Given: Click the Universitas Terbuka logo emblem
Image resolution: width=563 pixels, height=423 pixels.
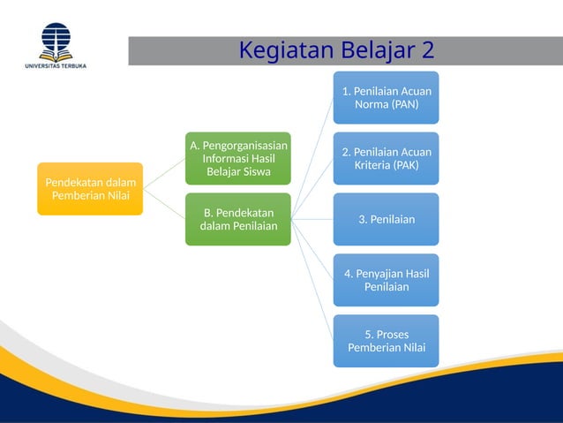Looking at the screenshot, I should pos(55,40).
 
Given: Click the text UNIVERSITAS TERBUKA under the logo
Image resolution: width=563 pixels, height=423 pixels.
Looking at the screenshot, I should pos(55,64).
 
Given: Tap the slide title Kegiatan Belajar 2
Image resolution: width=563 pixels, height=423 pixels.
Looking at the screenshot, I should pos(336,51).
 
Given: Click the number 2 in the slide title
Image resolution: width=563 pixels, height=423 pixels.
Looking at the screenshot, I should pos(426,51).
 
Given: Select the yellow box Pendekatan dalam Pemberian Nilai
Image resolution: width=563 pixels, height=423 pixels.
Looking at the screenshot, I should pos(89,189).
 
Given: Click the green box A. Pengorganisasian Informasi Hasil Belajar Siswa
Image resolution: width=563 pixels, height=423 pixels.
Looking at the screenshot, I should pos(237,157).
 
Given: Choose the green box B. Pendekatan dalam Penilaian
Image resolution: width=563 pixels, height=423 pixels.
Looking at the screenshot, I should pos(237,219).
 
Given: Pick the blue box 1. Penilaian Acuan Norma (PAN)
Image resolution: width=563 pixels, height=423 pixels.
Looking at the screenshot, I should pos(386,97).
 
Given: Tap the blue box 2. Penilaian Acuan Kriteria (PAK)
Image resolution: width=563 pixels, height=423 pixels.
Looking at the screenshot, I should pos(386,158).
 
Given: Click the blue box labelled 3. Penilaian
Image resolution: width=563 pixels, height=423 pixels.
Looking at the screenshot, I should pos(386,219).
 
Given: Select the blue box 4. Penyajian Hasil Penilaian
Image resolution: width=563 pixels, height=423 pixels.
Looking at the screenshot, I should pos(386,280).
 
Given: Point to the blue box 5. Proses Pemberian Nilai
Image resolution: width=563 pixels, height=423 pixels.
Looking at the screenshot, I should pos(386,341).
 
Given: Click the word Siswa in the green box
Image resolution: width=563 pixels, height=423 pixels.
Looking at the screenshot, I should pos(250,171).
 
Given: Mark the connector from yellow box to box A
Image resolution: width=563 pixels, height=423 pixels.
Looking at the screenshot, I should pos(164,173).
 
